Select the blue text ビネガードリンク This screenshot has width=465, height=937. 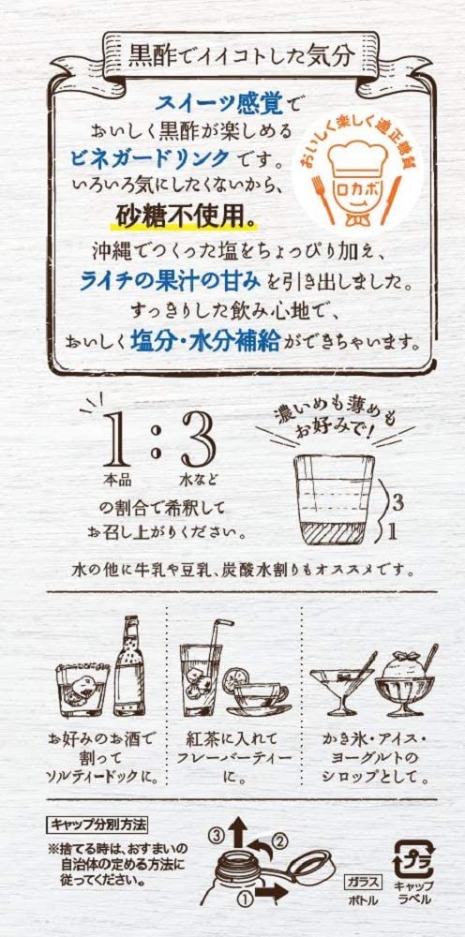(149, 156)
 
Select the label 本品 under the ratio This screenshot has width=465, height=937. (116, 479)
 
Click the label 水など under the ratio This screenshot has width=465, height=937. (197, 479)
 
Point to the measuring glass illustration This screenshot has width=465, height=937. (334, 500)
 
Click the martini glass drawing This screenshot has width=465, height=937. (341, 687)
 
